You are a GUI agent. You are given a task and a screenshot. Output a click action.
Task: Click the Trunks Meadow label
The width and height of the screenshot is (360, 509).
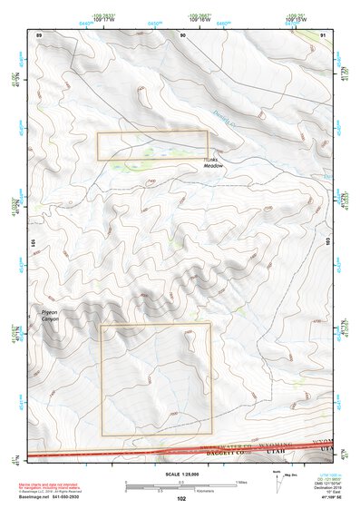tap(211, 162)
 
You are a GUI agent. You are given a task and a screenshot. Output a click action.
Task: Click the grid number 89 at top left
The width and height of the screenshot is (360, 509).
tap(39, 34)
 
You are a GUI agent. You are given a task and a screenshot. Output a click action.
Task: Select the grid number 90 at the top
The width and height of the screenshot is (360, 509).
tap(183, 34)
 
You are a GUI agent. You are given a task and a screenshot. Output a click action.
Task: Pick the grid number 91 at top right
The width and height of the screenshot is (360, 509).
tap(324, 34)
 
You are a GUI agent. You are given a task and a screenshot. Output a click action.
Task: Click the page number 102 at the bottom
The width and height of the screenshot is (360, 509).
tap(181, 499)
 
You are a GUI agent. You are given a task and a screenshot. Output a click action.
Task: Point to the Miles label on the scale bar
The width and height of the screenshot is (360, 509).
tap(239, 481)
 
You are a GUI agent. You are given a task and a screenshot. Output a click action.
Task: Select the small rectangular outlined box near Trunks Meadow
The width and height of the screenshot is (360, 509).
tap(152, 146)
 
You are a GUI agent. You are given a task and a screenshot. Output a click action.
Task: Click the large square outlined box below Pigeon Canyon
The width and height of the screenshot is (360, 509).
tap(156, 378)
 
